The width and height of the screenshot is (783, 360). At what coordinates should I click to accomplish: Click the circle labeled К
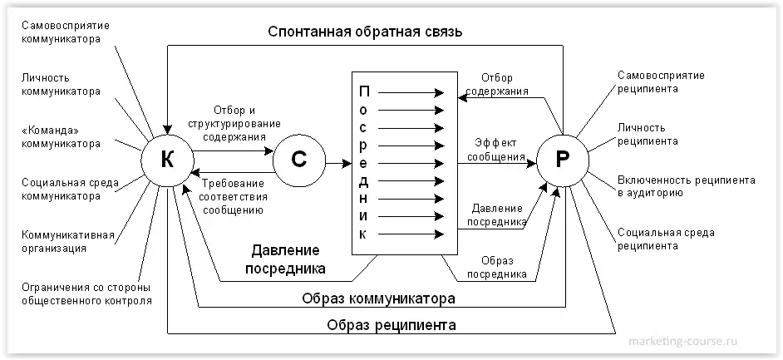(167, 161)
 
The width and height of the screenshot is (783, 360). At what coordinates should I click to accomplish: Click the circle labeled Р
(562, 161)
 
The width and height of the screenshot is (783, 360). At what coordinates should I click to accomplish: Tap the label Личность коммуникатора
(61, 84)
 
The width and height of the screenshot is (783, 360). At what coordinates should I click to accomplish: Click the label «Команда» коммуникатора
(61, 136)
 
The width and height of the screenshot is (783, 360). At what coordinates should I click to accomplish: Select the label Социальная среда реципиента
(665, 239)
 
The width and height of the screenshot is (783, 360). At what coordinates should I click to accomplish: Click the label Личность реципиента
(648, 135)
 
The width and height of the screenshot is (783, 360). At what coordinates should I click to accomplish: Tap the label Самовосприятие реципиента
(660, 81)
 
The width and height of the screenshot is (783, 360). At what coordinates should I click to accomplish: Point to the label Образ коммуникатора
(378, 298)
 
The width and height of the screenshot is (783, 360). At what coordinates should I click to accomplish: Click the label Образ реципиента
(391, 324)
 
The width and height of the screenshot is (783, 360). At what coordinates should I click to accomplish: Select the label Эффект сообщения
(495, 150)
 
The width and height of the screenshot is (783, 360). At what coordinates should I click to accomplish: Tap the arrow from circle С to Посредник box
(337, 161)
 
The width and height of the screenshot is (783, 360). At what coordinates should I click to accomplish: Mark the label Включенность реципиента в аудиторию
(686, 186)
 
